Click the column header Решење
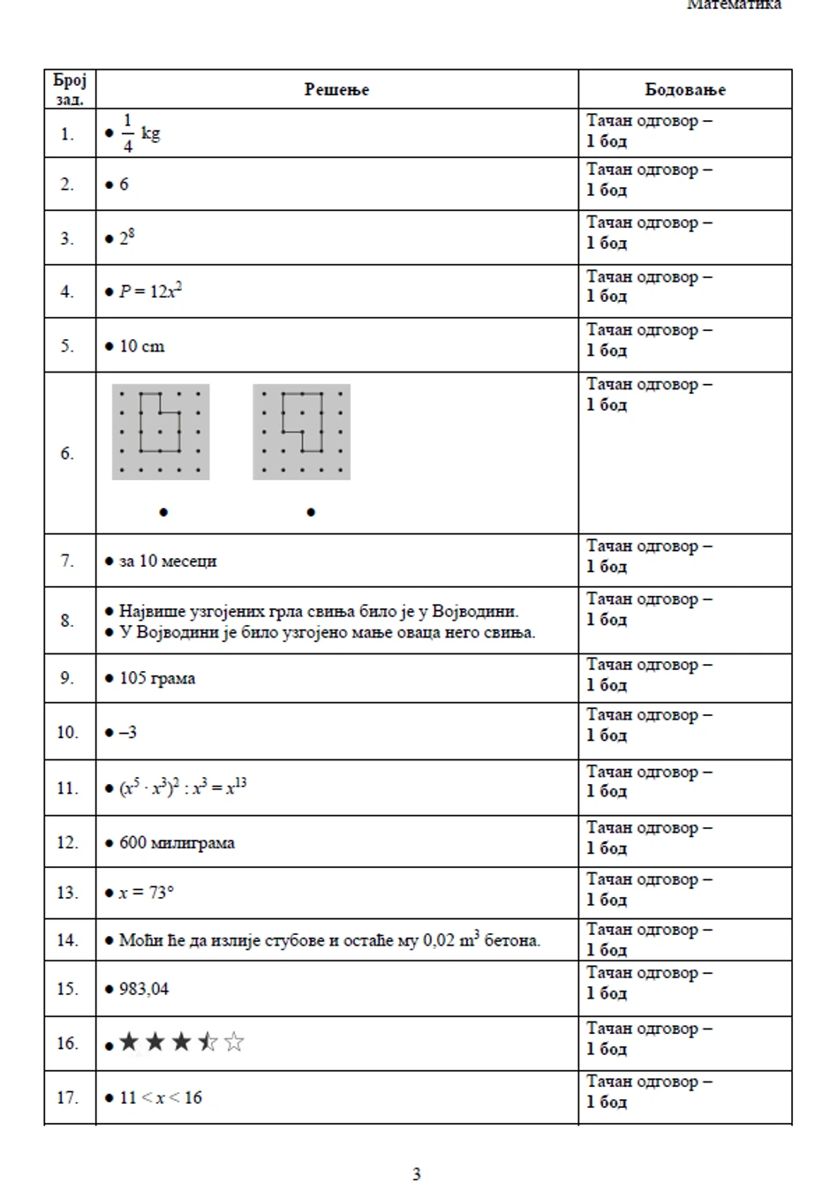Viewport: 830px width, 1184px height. tap(336, 89)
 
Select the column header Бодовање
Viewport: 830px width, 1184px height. tap(684, 89)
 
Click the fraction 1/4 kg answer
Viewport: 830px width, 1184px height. tap(140, 133)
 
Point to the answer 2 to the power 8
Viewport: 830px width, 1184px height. tap(127, 238)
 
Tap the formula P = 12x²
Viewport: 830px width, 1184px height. tap(150, 291)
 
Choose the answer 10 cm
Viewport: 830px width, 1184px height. tap(141, 346)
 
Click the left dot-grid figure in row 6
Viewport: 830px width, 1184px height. tap(161, 432)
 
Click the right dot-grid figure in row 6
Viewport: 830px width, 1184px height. tap(301, 432)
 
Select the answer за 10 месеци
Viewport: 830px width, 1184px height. tap(168, 561)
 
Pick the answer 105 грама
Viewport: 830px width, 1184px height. tap(157, 678)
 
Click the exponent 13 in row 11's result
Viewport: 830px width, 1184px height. tap(241, 782)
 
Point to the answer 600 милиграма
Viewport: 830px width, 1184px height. tap(177, 842)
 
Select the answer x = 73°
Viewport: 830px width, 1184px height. tap(147, 893)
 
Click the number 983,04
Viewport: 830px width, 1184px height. tap(144, 989)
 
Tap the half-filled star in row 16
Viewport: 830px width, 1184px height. tap(207, 1043)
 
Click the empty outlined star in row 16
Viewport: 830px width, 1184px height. tap(234, 1043)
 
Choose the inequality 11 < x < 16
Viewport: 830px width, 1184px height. tap(161, 1097)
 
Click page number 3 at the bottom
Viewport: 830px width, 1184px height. tap(416, 1173)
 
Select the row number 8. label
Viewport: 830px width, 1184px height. tap(67, 621)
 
